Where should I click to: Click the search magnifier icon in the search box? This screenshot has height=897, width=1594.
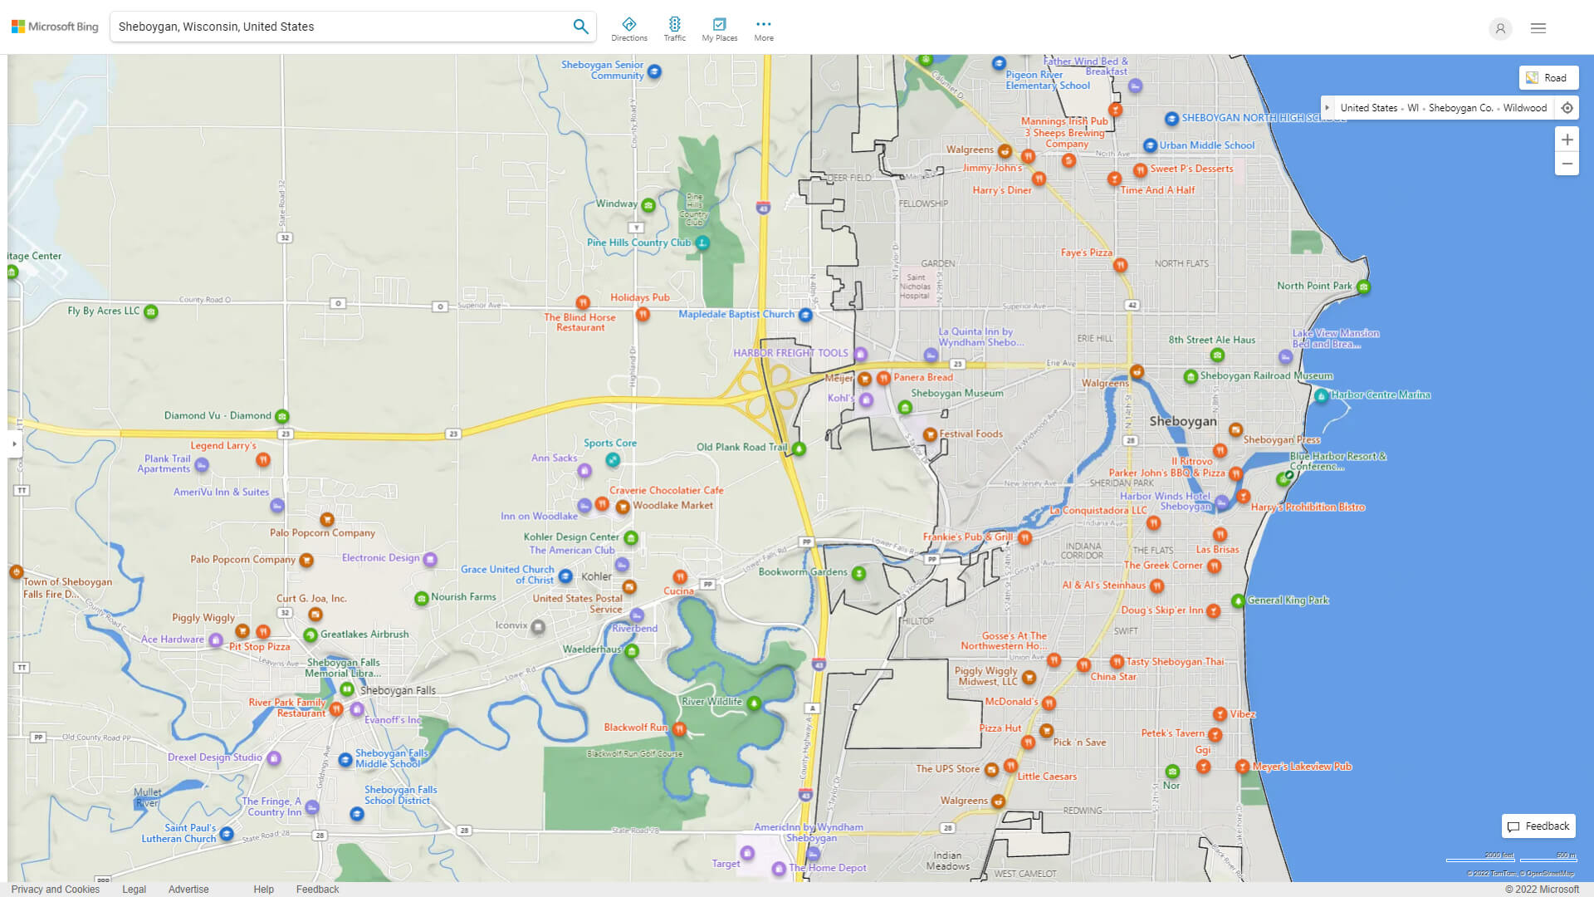pyautogui.click(x=580, y=27)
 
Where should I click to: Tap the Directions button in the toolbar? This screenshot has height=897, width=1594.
pyautogui.click(x=628, y=28)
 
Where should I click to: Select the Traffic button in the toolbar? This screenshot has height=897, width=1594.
pyautogui.click(x=674, y=28)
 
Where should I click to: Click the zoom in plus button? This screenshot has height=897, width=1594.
pyautogui.click(x=1567, y=140)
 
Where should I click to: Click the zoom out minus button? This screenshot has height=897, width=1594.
pyautogui.click(x=1567, y=164)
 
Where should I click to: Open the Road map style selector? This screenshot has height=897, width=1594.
pyautogui.click(x=1548, y=78)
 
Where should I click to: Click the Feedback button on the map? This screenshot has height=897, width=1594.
pyautogui.click(x=1538, y=826)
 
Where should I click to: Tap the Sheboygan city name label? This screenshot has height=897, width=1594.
pyautogui.click(x=1182, y=421)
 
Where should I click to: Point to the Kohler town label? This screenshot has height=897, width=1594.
pyautogui.click(x=596, y=576)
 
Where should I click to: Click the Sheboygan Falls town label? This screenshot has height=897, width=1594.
pyautogui.click(x=398, y=690)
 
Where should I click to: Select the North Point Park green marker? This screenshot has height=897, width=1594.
pyautogui.click(x=1363, y=287)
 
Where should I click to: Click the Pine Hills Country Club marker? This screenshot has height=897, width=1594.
pyautogui.click(x=702, y=243)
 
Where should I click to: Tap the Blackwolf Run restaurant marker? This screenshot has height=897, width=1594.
pyautogui.click(x=680, y=729)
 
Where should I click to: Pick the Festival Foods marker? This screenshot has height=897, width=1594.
pyautogui.click(x=930, y=434)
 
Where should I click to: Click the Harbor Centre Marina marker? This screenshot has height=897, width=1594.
pyautogui.click(x=1321, y=396)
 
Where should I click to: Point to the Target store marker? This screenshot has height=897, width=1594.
pyautogui.click(x=747, y=853)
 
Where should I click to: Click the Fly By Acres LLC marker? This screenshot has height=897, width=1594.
pyautogui.click(x=151, y=312)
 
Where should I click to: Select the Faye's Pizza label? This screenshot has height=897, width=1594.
pyautogui.click(x=1086, y=252)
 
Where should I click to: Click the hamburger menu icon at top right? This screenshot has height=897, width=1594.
pyautogui.click(x=1538, y=28)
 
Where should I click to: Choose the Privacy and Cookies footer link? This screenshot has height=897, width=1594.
pyautogui.click(x=56, y=889)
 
